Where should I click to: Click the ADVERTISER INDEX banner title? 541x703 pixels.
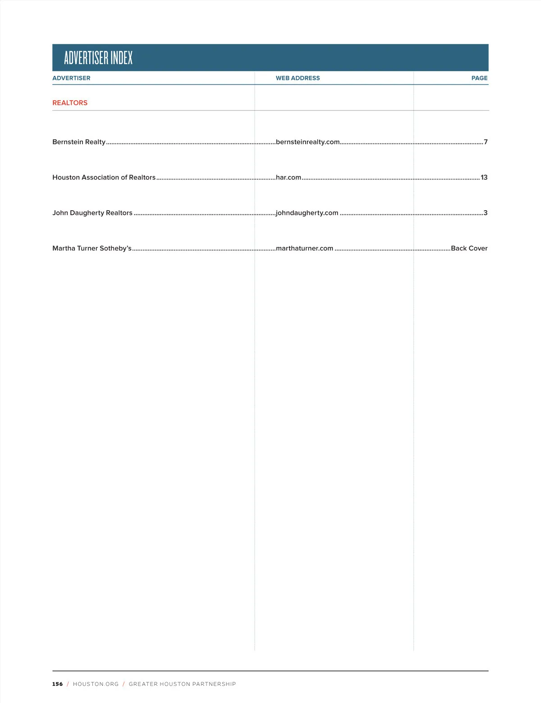(98, 58)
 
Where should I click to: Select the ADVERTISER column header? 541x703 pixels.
(71, 78)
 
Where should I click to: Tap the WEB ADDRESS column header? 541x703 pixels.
(298, 78)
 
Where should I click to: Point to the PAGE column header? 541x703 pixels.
(479, 78)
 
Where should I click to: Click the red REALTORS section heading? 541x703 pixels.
(70, 103)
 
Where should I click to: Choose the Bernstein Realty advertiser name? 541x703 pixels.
(79, 142)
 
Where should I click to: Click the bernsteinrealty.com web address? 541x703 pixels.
(307, 142)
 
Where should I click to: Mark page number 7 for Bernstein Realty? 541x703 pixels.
(486, 142)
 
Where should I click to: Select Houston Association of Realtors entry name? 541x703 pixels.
(104, 177)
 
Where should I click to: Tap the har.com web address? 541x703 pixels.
(289, 177)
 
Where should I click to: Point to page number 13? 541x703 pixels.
(484, 177)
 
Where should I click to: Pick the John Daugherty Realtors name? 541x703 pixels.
(92, 213)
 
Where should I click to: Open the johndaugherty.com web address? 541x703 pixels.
(307, 213)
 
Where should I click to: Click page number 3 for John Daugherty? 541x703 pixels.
(486, 213)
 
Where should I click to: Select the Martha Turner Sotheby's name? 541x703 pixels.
(92, 248)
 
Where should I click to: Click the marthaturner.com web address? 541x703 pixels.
(304, 248)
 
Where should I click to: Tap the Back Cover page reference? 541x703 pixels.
(469, 248)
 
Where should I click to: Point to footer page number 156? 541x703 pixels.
(58, 684)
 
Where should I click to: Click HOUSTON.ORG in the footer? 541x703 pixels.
(96, 684)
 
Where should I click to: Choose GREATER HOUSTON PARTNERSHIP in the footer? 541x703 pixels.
(182, 684)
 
